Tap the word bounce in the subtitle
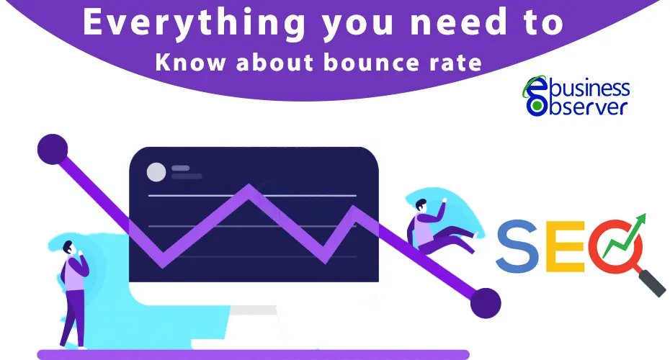click(371, 63)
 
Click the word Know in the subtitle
click(190, 63)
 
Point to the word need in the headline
click(458, 22)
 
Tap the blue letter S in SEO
click(517, 246)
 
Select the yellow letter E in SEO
click(565, 246)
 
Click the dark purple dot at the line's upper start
click(53, 149)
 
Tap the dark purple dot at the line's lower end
click(486, 303)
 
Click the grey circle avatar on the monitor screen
click(156, 172)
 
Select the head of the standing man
click(68, 247)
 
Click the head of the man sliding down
click(421, 205)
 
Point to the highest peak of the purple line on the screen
click(249, 186)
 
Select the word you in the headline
click(358, 25)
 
